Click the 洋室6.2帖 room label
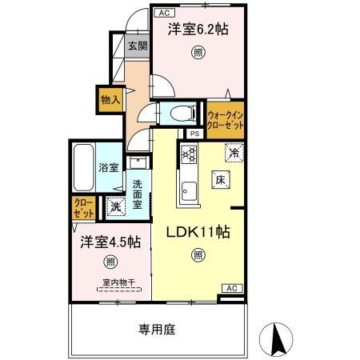[x=198, y=30]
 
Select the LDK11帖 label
[x=198, y=232]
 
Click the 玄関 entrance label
[x=136, y=46]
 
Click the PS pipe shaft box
[x=194, y=134]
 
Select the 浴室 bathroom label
[x=109, y=168]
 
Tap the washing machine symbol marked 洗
[x=116, y=206]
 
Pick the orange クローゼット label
[x=83, y=209]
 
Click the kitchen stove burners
[x=188, y=153]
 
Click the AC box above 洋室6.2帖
[x=162, y=14]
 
